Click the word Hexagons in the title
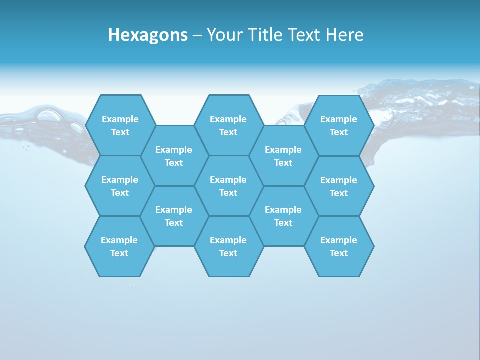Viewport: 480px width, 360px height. (x=148, y=35)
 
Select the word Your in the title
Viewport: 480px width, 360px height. (x=223, y=35)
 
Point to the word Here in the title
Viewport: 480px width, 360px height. (x=344, y=35)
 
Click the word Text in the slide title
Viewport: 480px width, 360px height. (x=305, y=35)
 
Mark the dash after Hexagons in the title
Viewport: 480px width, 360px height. (x=197, y=35)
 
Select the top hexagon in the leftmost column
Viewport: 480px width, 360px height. (x=120, y=125)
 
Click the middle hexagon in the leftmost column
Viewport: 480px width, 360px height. (x=120, y=186)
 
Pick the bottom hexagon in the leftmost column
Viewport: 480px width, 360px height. (x=119, y=246)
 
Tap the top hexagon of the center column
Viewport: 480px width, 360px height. (x=228, y=125)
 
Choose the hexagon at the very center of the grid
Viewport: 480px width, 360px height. (x=228, y=186)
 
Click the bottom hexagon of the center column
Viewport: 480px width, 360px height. (x=228, y=246)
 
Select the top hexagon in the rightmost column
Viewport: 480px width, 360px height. (x=339, y=125)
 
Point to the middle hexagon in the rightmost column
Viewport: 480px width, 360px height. (x=339, y=186)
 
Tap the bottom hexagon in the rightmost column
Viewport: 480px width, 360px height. (x=339, y=246)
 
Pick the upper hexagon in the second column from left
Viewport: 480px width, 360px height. (x=174, y=156)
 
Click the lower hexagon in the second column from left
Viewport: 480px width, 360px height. (x=174, y=216)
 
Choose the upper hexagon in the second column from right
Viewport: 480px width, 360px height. (x=283, y=156)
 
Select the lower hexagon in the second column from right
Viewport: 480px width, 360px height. (x=283, y=216)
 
